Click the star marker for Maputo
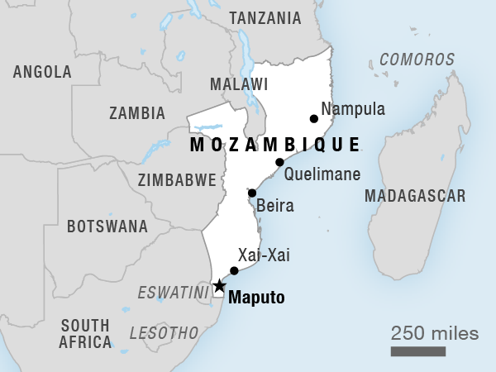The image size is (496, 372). pyautogui.click(x=219, y=287)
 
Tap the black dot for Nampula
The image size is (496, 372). pyautogui.click(x=313, y=118)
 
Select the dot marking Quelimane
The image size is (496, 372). pyautogui.click(x=279, y=162)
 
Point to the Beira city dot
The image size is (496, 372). pyautogui.click(x=252, y=193)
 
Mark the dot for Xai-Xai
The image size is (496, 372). pyautogui.click(x=234, y=270)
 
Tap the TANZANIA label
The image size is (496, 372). pyautogui.click(x=265, y=18)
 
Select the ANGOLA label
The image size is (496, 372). pyautogui.click(x=42, y=72)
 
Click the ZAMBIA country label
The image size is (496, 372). pyautogui.click(x=136, y=113)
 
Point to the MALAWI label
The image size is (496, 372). pyautogui.click(x=239, y=84)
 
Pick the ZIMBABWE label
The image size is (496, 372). pyautogui.click(x=178, y=179)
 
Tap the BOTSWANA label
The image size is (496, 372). pyautogui.click(x=107, y=226)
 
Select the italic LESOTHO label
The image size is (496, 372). pyautogui.click(x=164, y=332)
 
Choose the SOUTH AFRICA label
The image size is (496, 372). pyautogui.click(x=85, y=332)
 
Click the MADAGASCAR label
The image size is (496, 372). pyautogui.click(x=416, y=196)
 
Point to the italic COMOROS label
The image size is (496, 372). pyautogui.click(x=417, y=60)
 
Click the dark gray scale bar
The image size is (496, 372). pyautogui.click(x=418, y=352)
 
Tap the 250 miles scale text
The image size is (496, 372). pyautogui.click(x=435, y=334)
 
